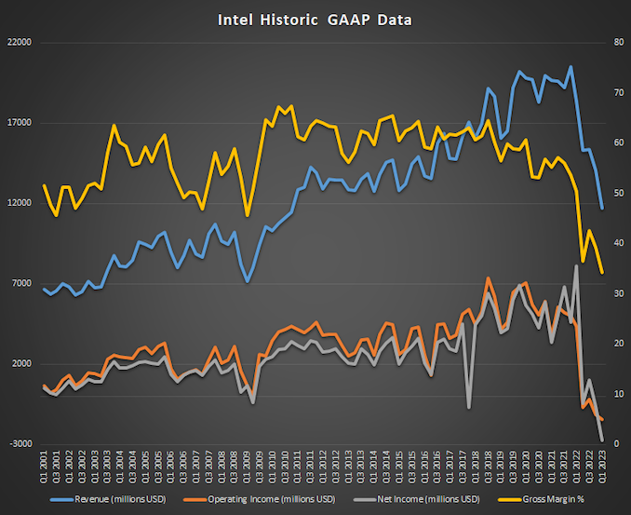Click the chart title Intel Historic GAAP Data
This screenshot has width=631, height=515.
coord(315,18)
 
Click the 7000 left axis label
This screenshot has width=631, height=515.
coord(21,283)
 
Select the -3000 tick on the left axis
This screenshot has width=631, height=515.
coord(20,444)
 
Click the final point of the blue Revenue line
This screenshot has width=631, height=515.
coord(602,208)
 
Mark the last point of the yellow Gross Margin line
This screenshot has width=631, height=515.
coord(602,272)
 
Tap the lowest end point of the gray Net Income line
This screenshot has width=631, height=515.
coord(602,440)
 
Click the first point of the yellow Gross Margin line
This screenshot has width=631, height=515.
coord(44,184)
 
